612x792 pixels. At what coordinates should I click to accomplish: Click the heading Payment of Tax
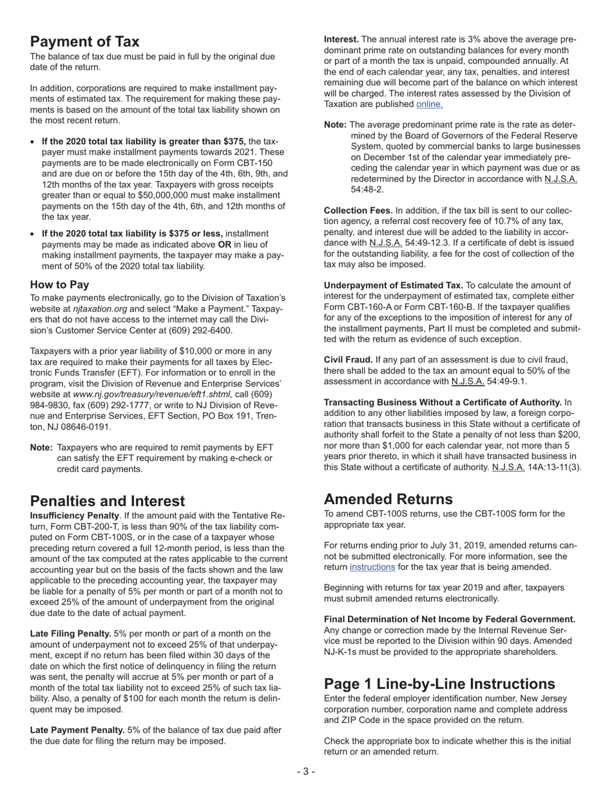point(84,42)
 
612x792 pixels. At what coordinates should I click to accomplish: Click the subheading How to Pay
point(59,285)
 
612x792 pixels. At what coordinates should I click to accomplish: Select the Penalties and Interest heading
point(107,501)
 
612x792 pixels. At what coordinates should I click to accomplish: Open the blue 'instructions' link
point(372,567)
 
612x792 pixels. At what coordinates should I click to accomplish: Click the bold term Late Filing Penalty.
point(70,634)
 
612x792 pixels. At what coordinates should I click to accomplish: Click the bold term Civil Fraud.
point(348,360)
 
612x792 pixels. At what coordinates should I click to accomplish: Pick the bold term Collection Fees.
point(358,211)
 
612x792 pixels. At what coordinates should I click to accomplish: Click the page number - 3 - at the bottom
point(306,772)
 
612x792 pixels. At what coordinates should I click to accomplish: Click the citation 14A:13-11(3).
point(554,467)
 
